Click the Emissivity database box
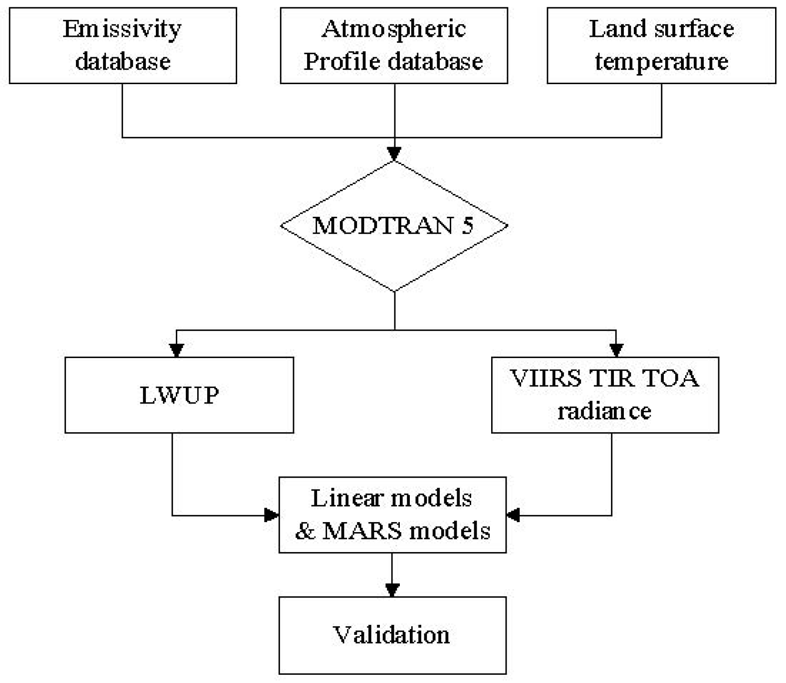click(x=123, y=45)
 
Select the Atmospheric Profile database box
click(x=393, y=45)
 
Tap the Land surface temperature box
click(x=661, y=45)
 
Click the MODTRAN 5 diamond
click(x=394, y=226)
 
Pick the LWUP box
click(x=179, y=394)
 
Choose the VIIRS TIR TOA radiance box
click(x=605, y=394)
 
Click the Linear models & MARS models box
click(x=392, y=514)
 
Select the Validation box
click(x=392, y=635)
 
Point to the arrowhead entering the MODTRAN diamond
click(x=394, y=154)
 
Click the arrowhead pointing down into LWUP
click(x=176, y=350)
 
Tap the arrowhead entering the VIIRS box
click(x=616, y=350)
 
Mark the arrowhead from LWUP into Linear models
click(x=271, y=515)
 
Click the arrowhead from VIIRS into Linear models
click(x=513, y=515)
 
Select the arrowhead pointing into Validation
click(x=392, y=590)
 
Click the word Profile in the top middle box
click(x=342, y=61)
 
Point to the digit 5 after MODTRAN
click(x=467, y=226)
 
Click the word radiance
click(x=604, y=411)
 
